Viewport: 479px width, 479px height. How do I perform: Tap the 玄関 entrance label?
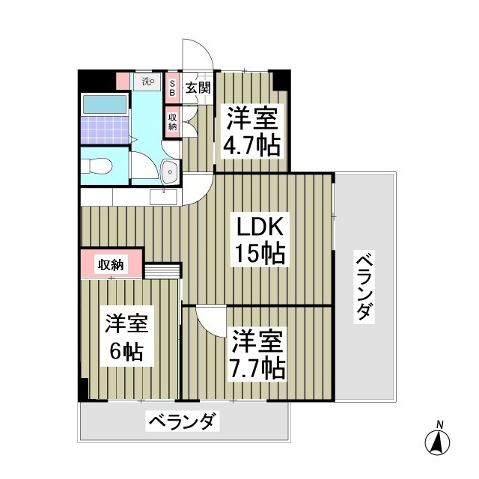point(198,87)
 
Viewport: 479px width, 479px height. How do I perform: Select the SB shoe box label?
point(171,87)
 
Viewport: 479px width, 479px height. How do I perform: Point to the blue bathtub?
point(104,105)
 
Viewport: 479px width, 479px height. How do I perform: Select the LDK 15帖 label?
point(261,241)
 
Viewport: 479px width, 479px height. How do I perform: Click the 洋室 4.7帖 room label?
point(251,131)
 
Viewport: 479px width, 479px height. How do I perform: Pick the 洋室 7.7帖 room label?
point(257,354)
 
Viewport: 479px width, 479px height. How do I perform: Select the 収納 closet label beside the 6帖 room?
point(111,263)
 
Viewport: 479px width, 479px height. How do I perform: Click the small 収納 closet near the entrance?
point(172,121)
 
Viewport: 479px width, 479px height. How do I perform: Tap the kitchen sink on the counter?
point(164,197)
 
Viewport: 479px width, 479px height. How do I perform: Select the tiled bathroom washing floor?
point(104,130)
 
